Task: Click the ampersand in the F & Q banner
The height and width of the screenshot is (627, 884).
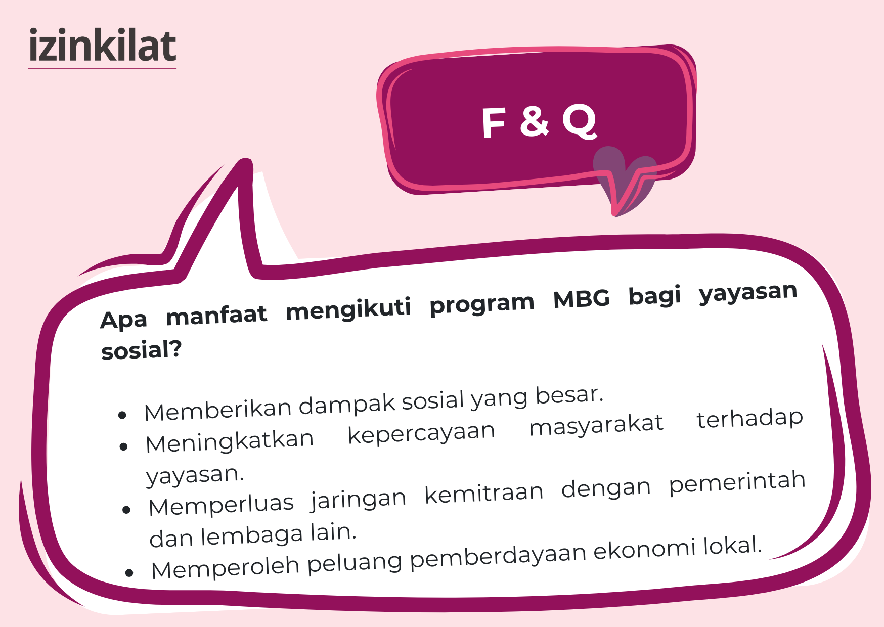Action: [534, 121]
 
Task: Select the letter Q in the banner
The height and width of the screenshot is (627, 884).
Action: [580, 122]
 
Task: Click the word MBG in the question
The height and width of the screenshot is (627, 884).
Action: [582, 299]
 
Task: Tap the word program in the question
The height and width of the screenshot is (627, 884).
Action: [482, 304]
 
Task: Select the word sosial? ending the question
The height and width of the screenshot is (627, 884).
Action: [141, 350]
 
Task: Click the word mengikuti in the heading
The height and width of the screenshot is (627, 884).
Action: [348, 309]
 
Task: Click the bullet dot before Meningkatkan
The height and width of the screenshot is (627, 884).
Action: [123, 447]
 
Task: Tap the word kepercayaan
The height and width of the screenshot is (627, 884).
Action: [421, 433]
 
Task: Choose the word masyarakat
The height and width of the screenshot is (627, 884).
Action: [596, 425]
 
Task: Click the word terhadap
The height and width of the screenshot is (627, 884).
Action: [750, 418]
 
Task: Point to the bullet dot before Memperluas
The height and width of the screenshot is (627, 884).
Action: [126, 510]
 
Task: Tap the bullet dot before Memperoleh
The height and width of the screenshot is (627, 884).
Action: [129, 573]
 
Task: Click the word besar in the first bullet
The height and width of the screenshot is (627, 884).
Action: [569, 395]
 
